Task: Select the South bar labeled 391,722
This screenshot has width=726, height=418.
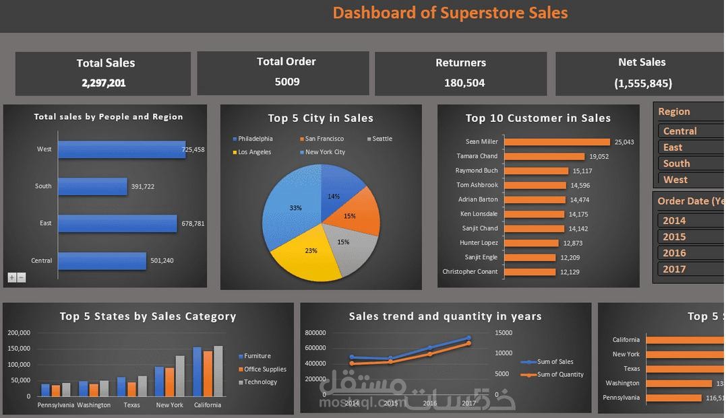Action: pos(92,186)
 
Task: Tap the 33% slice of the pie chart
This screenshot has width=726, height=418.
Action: pos(290,209)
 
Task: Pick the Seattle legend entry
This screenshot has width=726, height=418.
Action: pos(382,139)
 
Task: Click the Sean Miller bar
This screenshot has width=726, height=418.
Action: pos(557,142)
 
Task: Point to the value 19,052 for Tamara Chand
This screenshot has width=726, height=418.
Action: pos(599,156)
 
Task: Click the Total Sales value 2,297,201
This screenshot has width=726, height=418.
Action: pos(104,83)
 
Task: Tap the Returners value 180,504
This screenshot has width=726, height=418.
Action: pos(464,83)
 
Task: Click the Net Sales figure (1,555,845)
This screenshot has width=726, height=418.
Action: pos(642,83)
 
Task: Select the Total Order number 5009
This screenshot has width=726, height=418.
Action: pos(287,81)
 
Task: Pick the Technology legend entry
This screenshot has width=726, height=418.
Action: pos(260,382)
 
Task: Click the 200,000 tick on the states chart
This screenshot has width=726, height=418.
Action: pos(19,333)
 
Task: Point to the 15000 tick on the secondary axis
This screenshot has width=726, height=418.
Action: pos(504,333)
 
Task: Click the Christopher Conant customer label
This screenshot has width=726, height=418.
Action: pos(470,272)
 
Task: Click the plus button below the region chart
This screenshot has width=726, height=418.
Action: pos(12,277)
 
